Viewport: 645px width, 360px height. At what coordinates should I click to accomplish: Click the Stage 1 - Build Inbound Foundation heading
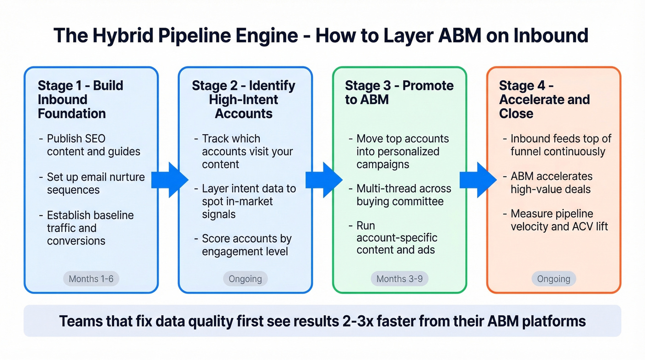[80, 100]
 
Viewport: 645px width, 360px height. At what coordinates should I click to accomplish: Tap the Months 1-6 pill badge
[91, 278]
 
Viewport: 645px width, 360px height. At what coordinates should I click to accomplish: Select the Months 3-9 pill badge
[399, 278]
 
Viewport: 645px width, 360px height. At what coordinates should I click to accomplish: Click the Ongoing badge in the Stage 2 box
[245, 278]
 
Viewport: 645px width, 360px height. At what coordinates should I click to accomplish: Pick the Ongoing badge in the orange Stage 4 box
[553, 278]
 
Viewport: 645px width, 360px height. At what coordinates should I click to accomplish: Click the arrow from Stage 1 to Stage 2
[169, 180]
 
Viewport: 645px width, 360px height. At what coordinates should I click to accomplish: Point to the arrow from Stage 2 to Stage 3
[323, 180]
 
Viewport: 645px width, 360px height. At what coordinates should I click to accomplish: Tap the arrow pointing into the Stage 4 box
[478, 180]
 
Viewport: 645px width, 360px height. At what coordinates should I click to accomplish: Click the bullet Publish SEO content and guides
[93, 145]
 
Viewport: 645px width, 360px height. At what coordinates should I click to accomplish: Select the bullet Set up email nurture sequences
[95, 183]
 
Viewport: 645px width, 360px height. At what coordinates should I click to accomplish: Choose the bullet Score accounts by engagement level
[246, 245]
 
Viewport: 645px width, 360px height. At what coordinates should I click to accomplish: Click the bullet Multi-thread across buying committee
[403, 195]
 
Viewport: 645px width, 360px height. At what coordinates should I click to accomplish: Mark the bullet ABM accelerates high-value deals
[551, 183]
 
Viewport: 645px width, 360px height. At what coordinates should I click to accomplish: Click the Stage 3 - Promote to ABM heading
[399, 92]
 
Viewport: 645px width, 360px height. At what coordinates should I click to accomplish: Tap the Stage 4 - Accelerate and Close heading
[544, 100]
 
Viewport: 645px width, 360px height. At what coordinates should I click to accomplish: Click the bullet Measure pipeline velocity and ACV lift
[558, 220]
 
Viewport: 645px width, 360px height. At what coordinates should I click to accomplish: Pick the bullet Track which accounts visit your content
[247, 151]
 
